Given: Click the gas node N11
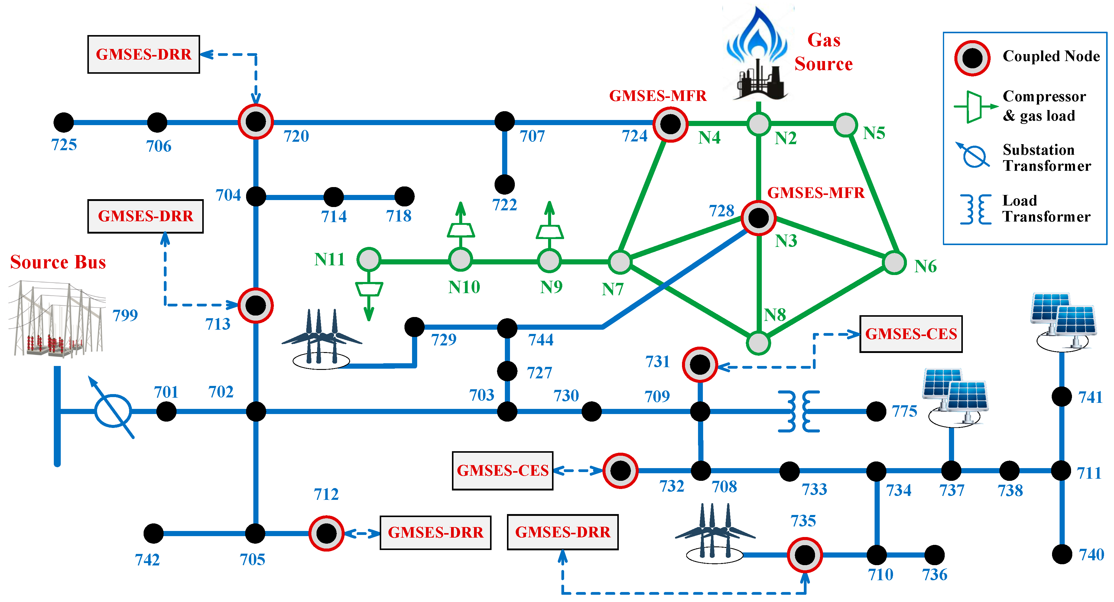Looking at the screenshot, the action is tap(369, 259).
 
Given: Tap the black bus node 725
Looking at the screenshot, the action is tap(63, 122).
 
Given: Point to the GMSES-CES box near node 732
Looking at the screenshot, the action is tap(502, 471).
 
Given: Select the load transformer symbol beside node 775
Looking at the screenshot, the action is tap(798, 411).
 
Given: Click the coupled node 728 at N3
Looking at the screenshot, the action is tap(758, 218).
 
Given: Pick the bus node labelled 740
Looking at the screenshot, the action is tap(1062, 554).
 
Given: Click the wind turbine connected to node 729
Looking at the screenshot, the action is tap(321, 339).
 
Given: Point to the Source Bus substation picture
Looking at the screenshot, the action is tap(56, 319).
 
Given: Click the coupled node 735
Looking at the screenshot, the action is tap(804, 555).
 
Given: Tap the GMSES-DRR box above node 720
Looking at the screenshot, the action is tap(144, 54).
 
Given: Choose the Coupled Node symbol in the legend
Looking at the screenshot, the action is tap(972, 58).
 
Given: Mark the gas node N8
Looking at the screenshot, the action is tap(758, 343).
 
